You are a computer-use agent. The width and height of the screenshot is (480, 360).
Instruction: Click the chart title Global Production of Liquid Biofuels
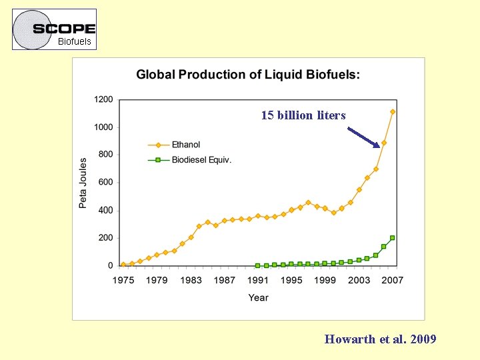coord(248,75)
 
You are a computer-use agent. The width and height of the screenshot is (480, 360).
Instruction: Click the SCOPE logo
coord(64,28)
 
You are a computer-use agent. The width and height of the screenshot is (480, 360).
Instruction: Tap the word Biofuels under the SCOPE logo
coord(74,41)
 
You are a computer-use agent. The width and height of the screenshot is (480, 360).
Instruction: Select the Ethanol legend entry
coord(185,145)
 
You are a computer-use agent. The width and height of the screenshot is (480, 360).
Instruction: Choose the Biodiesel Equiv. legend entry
coord(201,159)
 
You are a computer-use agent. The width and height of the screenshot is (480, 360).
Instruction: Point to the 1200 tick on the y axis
coord(103,99)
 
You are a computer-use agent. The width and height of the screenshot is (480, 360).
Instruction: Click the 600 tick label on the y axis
coord(105,182)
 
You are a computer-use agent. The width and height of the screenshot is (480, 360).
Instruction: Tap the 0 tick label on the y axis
coord(110,265)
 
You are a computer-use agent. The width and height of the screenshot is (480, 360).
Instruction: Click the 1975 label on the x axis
coord(123,280)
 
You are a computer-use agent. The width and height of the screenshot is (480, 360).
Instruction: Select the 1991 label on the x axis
coord(258,280)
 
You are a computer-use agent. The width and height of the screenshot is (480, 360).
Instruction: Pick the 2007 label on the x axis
coord(393,280)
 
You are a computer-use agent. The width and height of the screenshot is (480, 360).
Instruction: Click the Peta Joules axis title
coord(83,183)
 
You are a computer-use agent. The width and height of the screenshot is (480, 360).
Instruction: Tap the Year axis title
coord(258,297)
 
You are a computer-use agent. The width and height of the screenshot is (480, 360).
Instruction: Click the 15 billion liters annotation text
coord(303,115)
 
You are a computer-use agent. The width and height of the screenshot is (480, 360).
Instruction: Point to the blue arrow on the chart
coord(364,136)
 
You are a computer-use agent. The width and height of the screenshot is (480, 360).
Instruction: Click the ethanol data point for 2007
coord(393,111)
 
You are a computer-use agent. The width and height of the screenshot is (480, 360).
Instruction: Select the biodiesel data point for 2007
coord(393,237)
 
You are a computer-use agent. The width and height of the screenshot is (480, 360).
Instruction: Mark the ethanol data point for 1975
coord(123,264)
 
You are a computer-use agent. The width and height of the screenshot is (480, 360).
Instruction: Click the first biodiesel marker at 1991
coord(258,265)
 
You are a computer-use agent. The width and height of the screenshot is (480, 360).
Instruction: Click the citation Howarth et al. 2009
coord(380,339)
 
